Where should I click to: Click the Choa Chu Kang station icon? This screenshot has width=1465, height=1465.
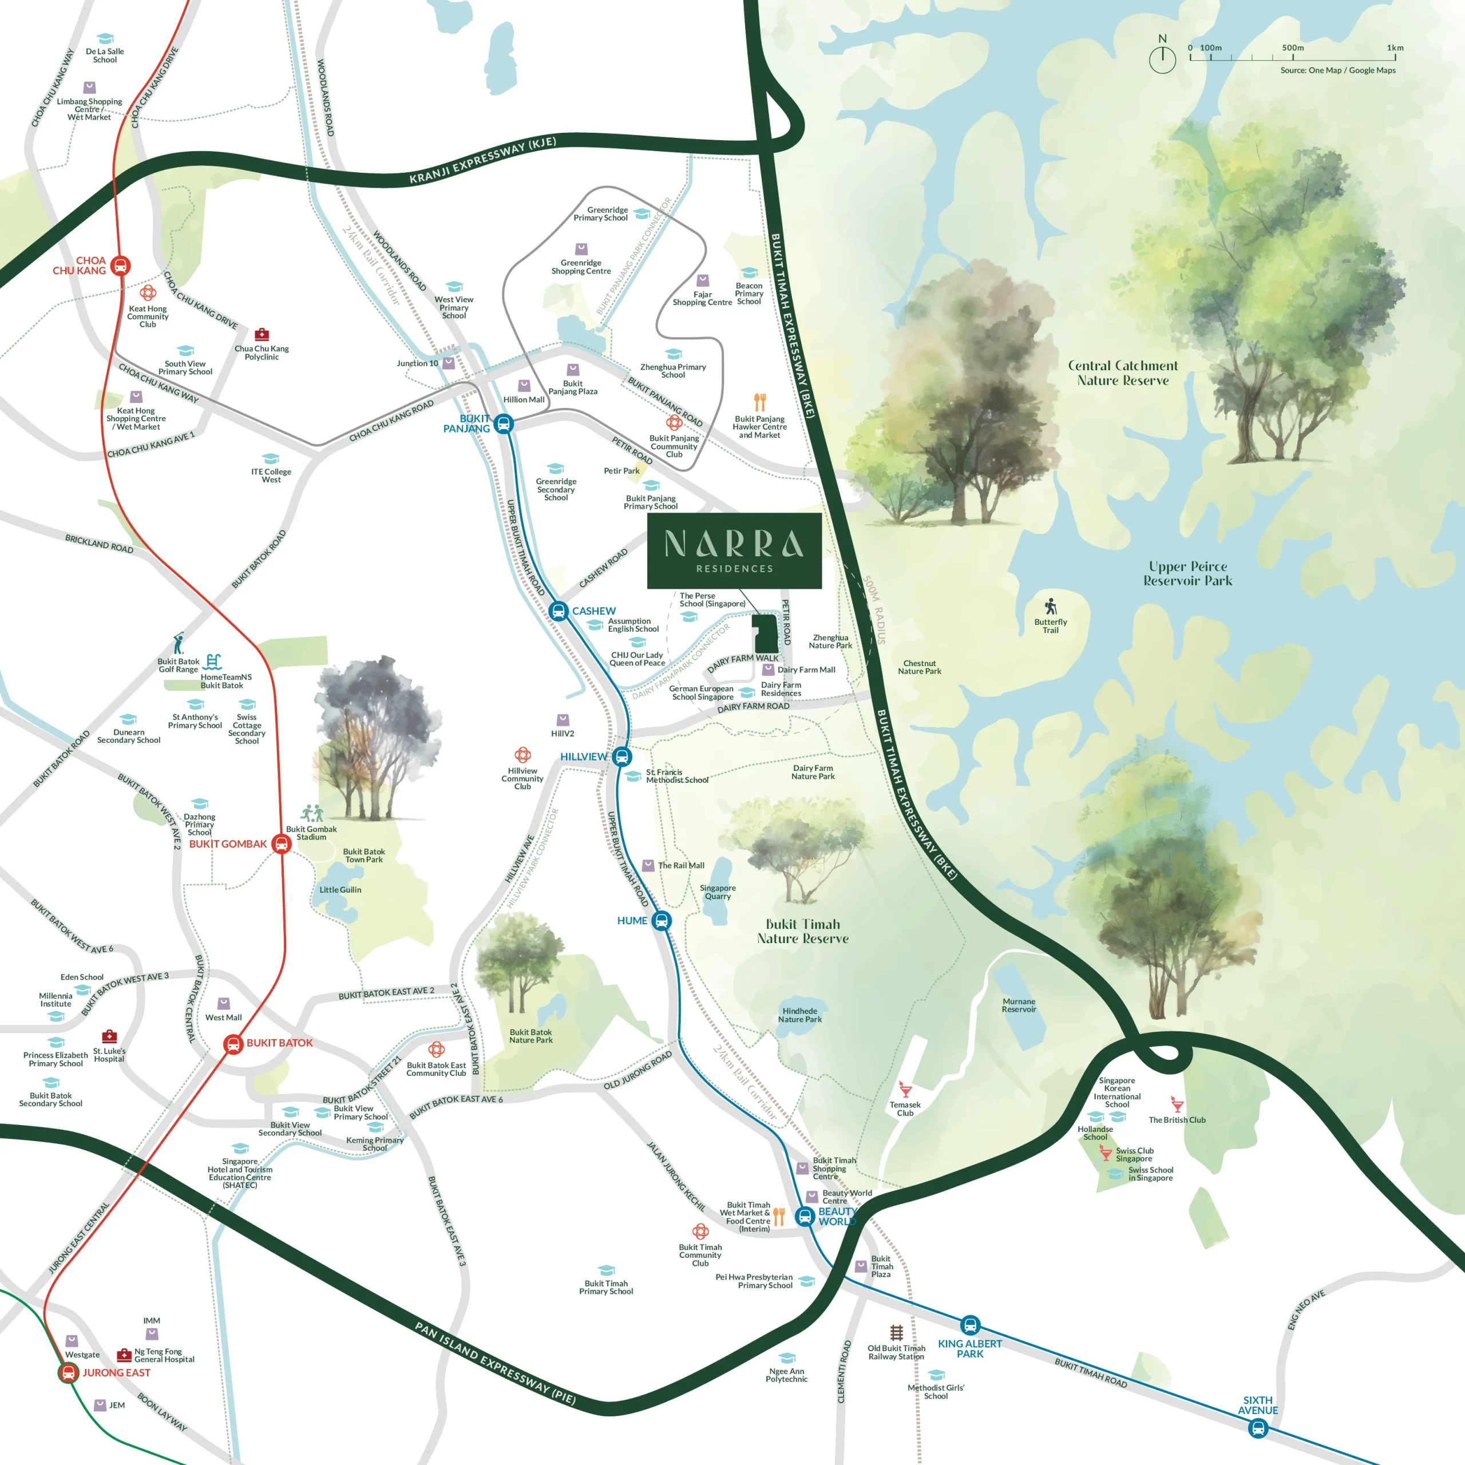click(x=121, y=266)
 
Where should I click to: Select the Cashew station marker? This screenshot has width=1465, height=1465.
click(x=558, y=611)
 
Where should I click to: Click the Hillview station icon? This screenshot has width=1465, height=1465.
click(x=622, y=756)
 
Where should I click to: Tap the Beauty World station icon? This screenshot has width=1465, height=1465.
click(x=805, y=1216)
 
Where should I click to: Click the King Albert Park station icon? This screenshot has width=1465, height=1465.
click(x=970, y=1325)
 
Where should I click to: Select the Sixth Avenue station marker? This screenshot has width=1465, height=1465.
click(x=1258, y=1428)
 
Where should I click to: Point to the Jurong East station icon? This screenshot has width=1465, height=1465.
click(x=68, y=1372)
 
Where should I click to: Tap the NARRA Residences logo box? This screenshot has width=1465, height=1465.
click(x=734, y=551)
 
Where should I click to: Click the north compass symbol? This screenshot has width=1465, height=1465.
click(x=1162, y=58)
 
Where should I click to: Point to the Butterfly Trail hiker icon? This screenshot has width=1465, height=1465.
click(x=1050, y=607)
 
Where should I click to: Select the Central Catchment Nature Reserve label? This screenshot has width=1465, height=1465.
click(x=1123, y=373)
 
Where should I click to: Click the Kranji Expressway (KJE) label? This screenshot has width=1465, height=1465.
click(x=482, y=161)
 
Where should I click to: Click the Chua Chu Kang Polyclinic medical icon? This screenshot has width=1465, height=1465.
click(x=262, y=334)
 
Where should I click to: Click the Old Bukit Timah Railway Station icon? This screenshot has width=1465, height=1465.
click(x=896, y=1332)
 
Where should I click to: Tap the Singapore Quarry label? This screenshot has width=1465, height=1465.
click(x=717, y=892)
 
